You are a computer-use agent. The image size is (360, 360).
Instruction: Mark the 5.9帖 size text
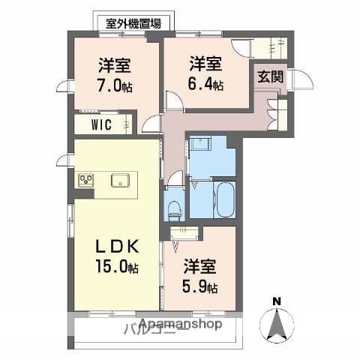point(200,287)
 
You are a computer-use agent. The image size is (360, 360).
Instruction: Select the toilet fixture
point(175,203)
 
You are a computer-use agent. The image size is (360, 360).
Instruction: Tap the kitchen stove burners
point(85,180)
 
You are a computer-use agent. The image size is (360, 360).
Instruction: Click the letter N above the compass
point(277,301)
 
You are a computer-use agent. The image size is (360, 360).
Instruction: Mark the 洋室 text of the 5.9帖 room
point(200,265)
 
